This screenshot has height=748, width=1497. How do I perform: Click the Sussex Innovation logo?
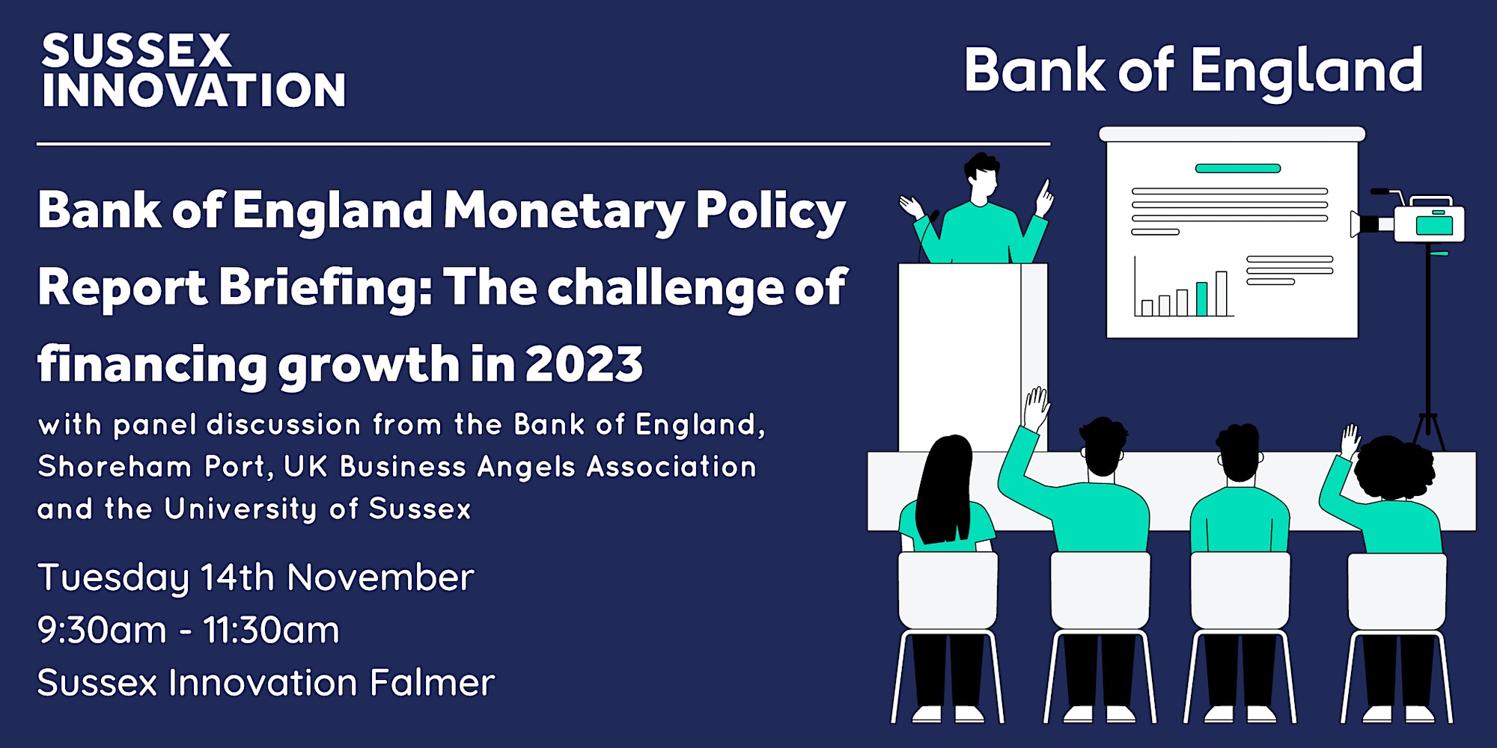[x=193, y=71]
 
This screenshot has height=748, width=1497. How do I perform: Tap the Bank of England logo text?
[x=1193, y=72]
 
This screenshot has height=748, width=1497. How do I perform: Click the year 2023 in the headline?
[x=584, y=364]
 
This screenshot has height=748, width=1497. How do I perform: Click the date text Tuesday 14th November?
[x=256, y=578]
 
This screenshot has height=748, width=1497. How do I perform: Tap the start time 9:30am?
[x=102, y=630]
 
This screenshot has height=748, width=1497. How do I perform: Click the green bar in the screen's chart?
[x=1201, y=298]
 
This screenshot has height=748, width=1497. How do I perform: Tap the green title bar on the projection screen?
[x=1237, y=168]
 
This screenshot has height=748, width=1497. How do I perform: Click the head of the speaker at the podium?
[x=982, y=174]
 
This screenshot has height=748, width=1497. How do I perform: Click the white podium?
[x=972, y=357]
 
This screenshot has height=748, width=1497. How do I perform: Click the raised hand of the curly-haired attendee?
[x=1350, y=441]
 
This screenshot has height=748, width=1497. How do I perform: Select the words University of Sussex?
[x=318, y=509]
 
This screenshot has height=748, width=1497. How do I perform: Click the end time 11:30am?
[x=271, y=630]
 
